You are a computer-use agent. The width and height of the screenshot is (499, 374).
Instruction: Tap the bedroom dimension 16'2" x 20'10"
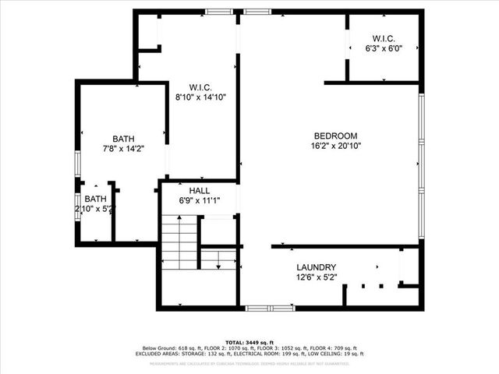pos(335,146)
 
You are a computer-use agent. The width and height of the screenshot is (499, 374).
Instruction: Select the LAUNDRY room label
pos(316,266)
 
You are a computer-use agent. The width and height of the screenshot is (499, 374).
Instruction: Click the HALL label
pos(199,190)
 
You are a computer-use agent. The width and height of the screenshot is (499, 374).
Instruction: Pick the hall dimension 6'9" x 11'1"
pos(199,201)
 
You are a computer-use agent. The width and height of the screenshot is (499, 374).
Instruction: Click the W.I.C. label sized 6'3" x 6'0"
pos(383,37)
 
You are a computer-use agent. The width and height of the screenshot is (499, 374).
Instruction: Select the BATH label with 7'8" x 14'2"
pos(123,138)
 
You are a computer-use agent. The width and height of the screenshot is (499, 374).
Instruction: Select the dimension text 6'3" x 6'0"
pos(383,48)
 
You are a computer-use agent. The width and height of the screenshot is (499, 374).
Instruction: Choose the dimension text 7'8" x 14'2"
pos(123,148)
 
